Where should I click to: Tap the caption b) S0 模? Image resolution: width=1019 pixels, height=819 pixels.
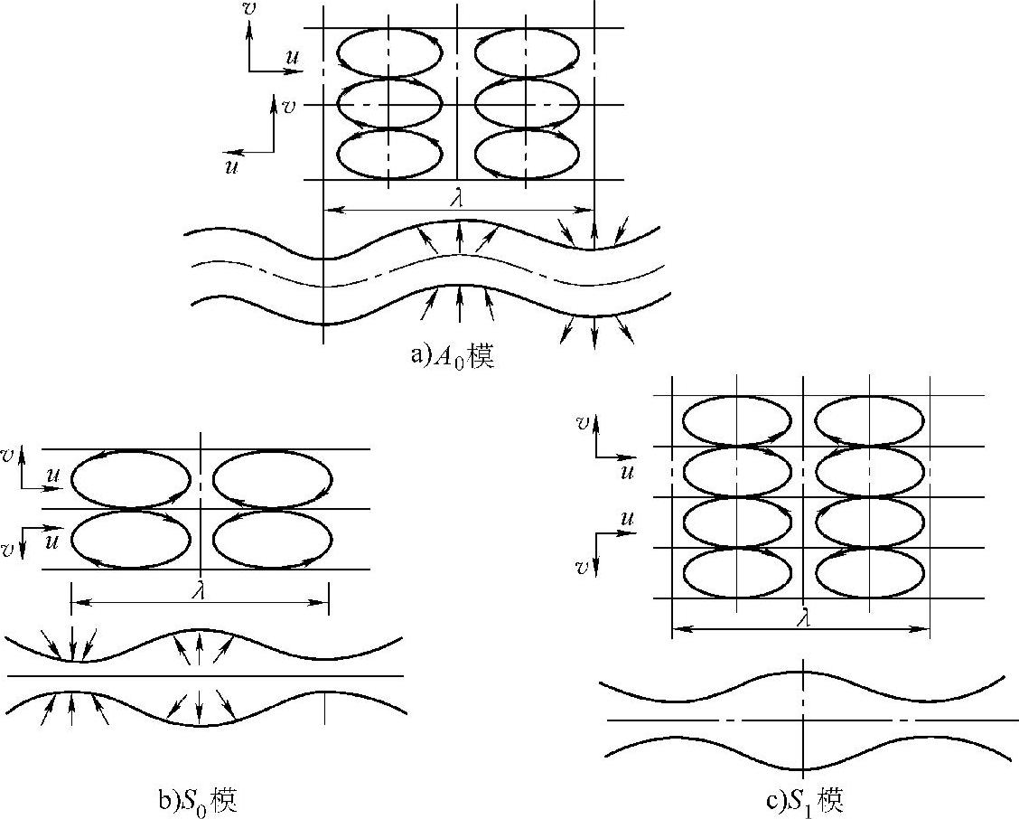coord(197,799)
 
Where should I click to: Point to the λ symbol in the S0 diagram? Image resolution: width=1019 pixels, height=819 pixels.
coord(200,591)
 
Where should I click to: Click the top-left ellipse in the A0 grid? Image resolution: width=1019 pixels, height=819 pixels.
coord(389,53)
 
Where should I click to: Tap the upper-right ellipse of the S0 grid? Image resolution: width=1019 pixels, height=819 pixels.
coord(272,479)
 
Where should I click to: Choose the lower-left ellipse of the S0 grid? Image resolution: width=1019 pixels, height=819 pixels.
coord(131,540)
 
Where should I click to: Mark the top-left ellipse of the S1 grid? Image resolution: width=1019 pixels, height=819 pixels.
coord(736,420)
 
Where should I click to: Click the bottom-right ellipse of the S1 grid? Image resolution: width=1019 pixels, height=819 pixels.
coord(869,572)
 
